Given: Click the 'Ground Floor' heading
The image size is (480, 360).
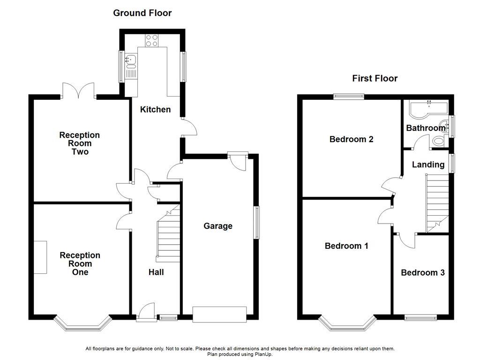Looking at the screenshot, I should click(142, 13).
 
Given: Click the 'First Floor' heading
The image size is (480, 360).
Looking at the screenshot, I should click(375, 78).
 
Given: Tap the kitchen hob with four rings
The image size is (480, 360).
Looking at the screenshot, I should click(151, 41).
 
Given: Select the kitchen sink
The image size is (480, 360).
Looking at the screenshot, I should click(131, 60).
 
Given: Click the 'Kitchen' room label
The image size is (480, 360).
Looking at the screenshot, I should click(156, 109).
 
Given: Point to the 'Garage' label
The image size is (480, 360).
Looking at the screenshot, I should click(217, 226).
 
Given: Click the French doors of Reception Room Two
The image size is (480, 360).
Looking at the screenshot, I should click(78, 90).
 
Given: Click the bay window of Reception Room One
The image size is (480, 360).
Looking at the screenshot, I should click(82, 323).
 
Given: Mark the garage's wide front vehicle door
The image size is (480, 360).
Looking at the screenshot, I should click(219, 314).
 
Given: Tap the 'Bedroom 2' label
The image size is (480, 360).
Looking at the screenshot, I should click(351, 139).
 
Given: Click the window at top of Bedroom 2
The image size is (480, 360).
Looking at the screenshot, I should click(348, 97).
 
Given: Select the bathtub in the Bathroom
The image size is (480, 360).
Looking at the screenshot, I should click(427, 109).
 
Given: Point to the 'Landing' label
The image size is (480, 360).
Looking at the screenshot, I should click(428, 165).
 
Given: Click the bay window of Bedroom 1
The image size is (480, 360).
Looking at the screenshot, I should click(348, 323).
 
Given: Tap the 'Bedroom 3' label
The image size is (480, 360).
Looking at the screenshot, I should click(422, 272).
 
